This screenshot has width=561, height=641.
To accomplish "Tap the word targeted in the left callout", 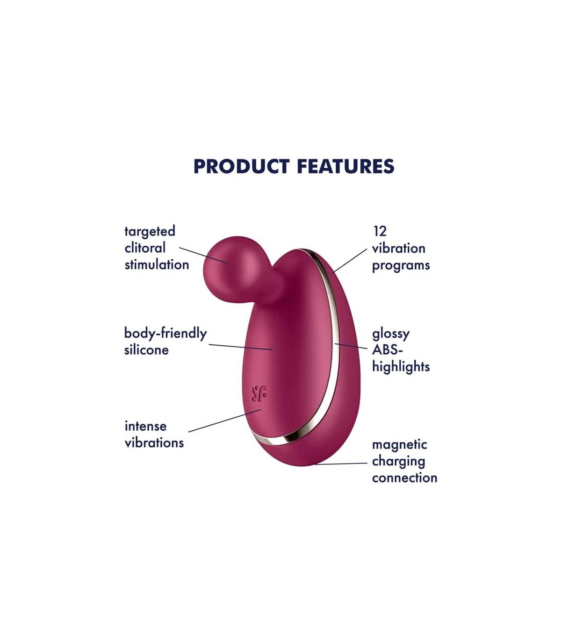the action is click(150, 232).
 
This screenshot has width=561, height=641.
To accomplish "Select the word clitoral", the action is click(145, 248).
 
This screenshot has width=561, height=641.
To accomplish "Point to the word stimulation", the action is click(157, 265).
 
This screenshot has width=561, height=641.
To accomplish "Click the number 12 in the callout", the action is click(380, 232).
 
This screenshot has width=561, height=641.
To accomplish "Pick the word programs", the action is click(401, 266).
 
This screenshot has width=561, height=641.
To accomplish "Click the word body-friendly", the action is click(165, 334).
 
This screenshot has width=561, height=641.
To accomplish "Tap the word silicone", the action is click(146, 350).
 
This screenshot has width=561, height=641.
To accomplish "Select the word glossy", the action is click(391, 334).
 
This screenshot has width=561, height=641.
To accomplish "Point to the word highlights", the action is click(401, 367).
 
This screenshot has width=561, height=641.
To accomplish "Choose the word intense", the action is click(145, 427).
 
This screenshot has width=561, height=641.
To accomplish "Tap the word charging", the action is click(398, 462).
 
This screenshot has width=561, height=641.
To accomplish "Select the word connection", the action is click(404, 478).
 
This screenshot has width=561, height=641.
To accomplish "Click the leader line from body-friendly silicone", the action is click(240, 347).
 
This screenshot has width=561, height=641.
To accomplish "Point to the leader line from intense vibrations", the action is click(225, 420).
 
